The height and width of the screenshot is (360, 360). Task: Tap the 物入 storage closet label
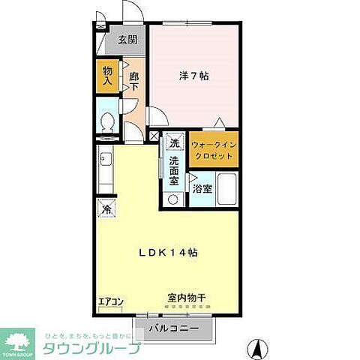pos(107,76)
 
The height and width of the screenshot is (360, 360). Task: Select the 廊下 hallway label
pos(133,81)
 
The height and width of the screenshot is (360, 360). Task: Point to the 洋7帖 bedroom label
pos(193,76)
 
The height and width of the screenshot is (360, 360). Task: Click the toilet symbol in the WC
pos(107,122)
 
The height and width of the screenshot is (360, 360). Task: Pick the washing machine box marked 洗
pos(174,143)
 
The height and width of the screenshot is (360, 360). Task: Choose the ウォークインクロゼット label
pos(214,148)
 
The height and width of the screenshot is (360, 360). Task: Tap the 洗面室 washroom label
pos(173,171)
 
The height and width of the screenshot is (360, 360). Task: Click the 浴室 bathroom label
pos(202,190)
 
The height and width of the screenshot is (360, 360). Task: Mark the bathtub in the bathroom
pos(228,187)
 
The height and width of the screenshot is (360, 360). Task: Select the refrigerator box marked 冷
pos(106,210)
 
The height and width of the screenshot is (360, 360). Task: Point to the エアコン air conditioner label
pos(111,302)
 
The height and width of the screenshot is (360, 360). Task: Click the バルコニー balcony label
pos(173,328)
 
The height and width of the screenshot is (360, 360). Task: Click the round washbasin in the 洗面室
pos(173,199)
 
